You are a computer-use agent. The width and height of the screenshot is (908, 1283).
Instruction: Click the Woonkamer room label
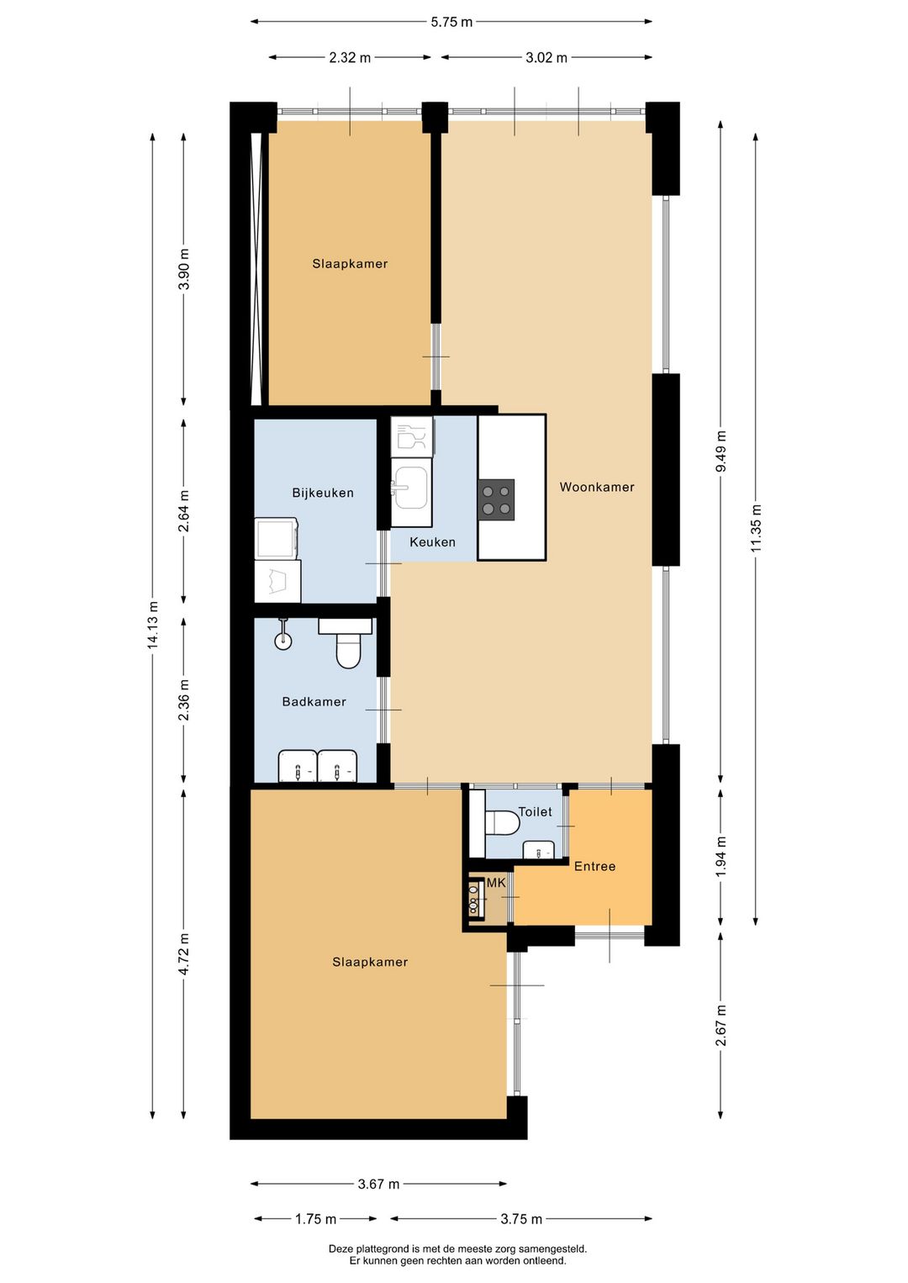click(x=597, y=487)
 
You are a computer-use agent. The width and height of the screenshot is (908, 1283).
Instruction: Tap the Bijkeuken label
click(x=323, y=493)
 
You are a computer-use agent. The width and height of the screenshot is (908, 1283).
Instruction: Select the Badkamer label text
click(x=314, y=702)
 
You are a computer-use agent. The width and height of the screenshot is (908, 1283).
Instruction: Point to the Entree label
click(x=594, y=866)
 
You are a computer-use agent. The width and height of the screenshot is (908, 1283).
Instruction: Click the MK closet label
click(x=496, y=883)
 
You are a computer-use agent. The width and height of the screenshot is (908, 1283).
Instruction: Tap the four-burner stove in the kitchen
click(x=496, y=499)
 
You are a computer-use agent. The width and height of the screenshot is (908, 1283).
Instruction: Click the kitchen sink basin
click(x=411, y=488)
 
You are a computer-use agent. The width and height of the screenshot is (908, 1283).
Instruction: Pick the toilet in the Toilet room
click(x=503, y=823)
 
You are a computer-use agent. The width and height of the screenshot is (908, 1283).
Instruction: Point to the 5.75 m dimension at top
click(x=451, y=22)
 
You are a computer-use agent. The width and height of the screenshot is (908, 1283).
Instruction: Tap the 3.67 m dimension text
click(x=378, y=1184)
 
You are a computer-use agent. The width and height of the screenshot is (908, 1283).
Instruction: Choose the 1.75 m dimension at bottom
click(x=315, y=1219)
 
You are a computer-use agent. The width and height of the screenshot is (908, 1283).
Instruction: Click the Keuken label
click(x=432, y=541)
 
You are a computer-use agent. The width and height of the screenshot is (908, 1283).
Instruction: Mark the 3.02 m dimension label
click(x=546, y=57)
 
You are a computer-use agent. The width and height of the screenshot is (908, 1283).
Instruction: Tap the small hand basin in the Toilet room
click(x=539, y=849)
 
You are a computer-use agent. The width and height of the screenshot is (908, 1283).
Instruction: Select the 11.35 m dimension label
click(x=756, y=527)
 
